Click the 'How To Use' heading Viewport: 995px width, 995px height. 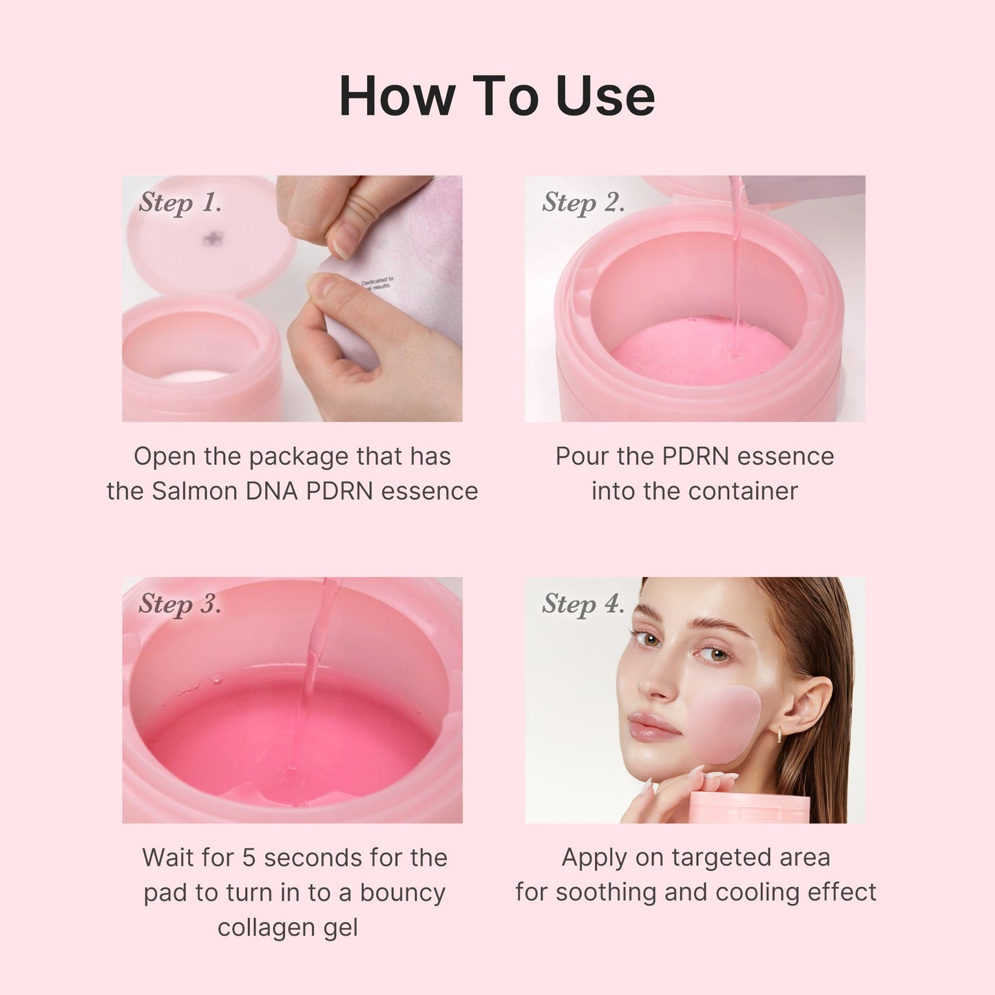[x=496, y=96]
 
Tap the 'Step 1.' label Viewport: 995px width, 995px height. [x=180, y=202]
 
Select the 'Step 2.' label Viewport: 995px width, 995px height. [x=583, y=202]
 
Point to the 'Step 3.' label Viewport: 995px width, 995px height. [x=180, y=604]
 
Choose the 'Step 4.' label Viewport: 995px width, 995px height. [x=583, y=604]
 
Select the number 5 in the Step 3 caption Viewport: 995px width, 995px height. [x=249, y=858]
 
